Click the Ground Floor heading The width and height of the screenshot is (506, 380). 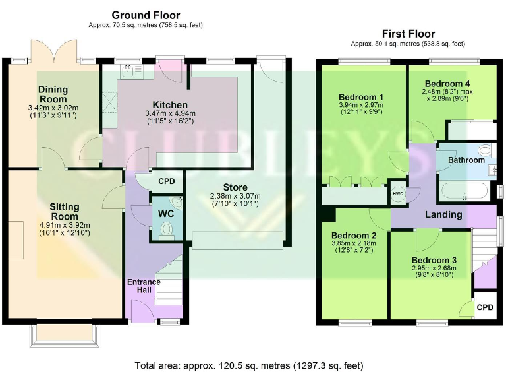click(146, 15)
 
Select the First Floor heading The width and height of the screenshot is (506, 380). click(408, 34)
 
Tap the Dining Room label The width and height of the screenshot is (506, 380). click(53, 94)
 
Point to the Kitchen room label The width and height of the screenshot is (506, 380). click(170, 105)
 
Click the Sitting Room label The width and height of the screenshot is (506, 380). click(64, 211)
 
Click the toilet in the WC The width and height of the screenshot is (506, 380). click(166, 229)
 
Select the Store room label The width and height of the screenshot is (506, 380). click(235, 187)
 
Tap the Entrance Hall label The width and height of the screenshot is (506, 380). click(144, 286)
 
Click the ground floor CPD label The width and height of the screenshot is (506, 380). click(167, 181)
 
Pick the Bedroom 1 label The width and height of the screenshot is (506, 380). click(360, 97)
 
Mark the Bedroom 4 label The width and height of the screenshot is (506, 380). click(447, 84)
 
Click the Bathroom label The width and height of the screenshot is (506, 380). click(466, 160)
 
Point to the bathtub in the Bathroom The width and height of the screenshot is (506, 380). click(464, 192)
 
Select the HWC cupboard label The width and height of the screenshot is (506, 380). click(397, 193)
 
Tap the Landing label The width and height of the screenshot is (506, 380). click(443, 214)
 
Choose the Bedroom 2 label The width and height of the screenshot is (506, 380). click(354, 236)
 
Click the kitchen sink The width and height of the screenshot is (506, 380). click(127, 69)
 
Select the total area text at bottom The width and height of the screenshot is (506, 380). click(248, 365)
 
